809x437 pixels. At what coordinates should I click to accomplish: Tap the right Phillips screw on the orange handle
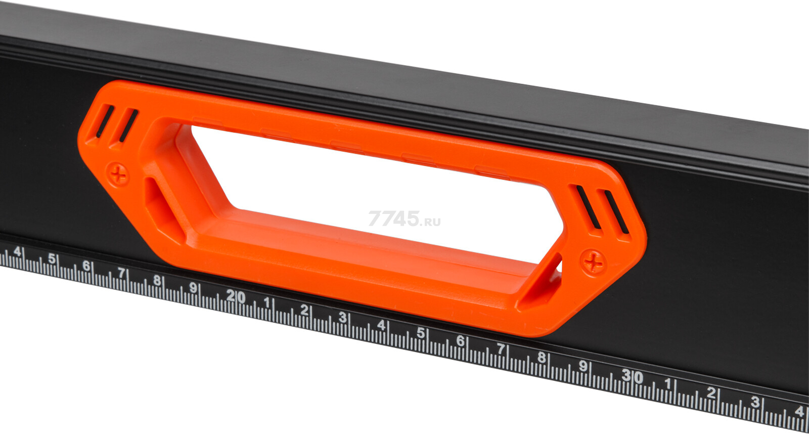(593, 262)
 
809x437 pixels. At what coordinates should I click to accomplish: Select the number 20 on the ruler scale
(236, 297)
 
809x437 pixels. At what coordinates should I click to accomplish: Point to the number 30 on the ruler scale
(633, 376)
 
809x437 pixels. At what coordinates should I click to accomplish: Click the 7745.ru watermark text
(404, 219)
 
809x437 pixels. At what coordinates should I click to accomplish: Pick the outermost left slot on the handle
(105, 121)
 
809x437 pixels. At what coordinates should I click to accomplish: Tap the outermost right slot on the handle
(616, 212)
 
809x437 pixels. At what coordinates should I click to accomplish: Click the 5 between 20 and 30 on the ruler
(420, 333)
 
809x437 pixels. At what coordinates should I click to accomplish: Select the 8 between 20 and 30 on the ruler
(541, 357)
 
